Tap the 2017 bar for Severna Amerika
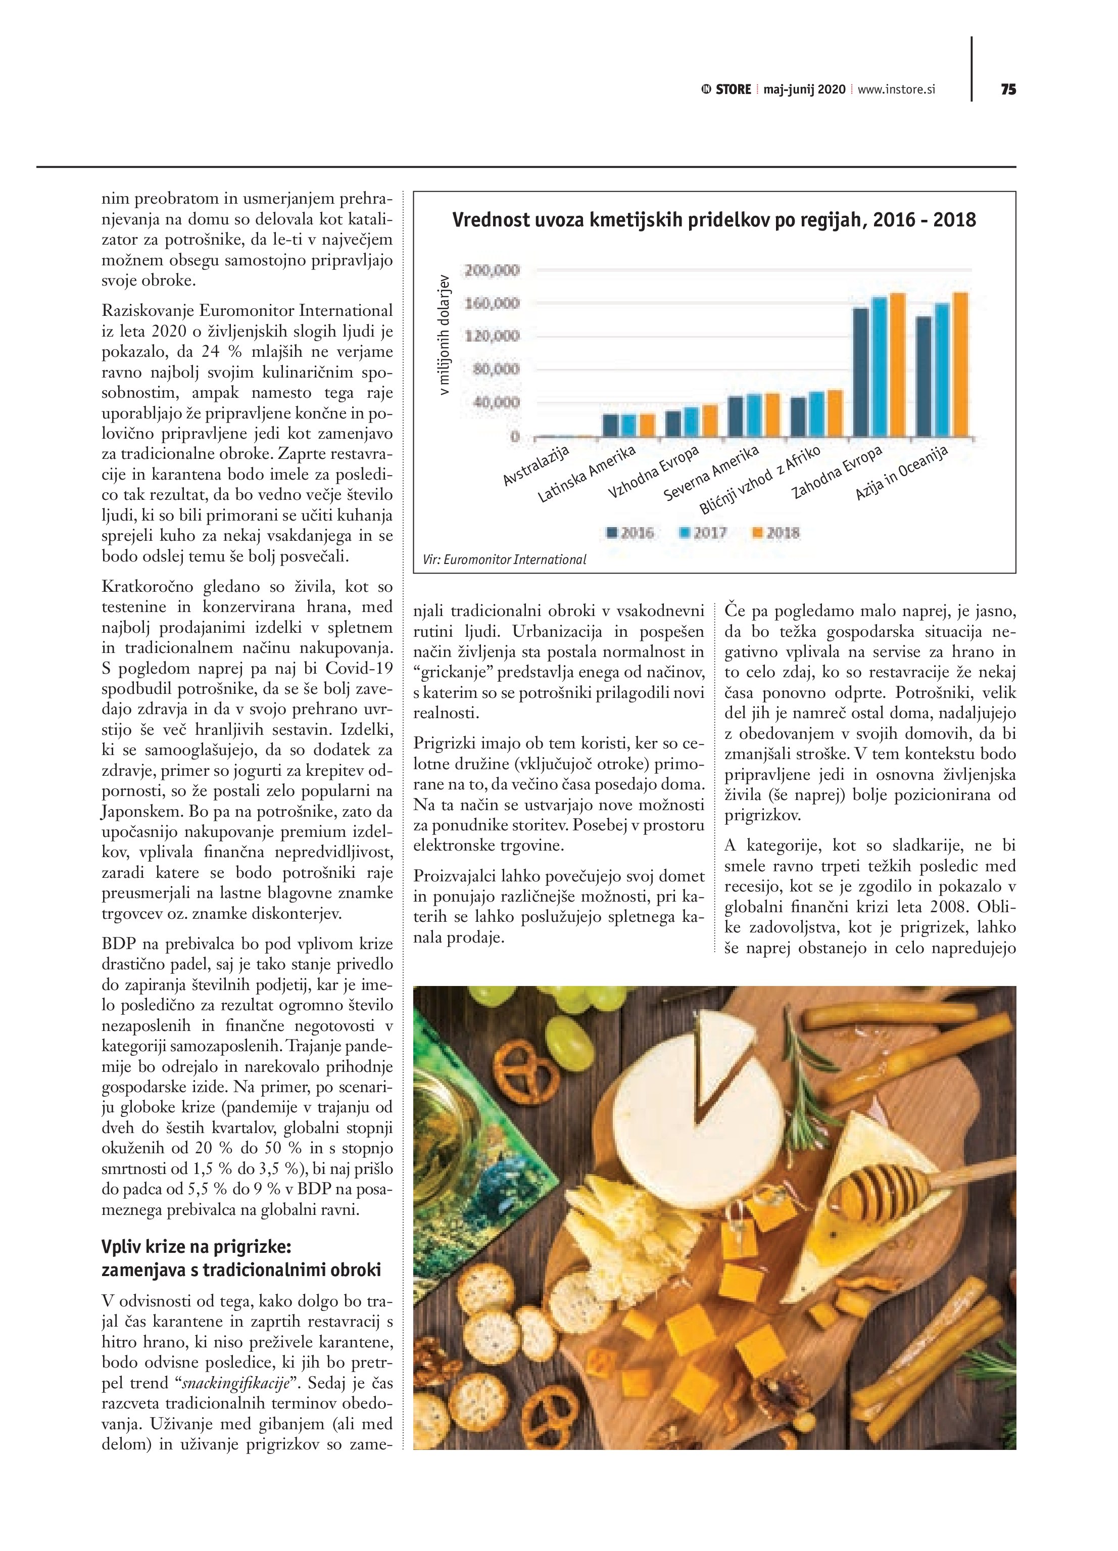[x=754, y=415]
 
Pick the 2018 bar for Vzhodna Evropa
[x=710, y=420]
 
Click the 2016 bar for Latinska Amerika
[x=610, y=425]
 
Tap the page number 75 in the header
[x=1008, y=89]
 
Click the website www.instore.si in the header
[x=896, y=89]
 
